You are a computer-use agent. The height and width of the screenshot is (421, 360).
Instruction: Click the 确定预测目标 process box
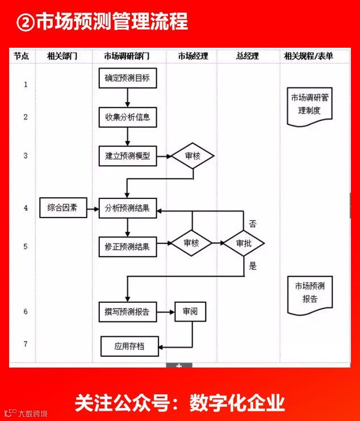pos(127,78)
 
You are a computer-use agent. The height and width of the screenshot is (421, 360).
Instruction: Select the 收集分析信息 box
pos(127,118)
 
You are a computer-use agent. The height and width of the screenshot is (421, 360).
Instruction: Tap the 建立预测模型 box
pos(127,156)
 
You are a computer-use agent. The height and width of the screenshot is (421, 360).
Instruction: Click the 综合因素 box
pos(62,208)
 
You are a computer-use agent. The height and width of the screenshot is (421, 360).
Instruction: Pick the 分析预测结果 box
pos(127,208)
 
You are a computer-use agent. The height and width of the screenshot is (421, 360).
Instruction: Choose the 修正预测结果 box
pos(127,246)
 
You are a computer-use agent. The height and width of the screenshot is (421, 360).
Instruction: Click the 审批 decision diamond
pos(243,244)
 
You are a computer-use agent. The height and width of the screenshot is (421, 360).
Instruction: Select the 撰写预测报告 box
pos(127,312)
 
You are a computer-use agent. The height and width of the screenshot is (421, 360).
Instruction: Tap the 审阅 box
pos(190,312)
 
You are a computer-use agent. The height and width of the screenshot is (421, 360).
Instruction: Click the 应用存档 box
pos(129,345)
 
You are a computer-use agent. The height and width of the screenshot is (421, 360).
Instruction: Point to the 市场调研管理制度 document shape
pos(309,106)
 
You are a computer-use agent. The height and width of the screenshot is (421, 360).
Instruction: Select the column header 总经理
pos(248,56)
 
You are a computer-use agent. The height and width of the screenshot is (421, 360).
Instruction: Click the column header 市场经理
pos(193,56)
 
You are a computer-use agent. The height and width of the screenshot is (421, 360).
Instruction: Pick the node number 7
pos(26,344)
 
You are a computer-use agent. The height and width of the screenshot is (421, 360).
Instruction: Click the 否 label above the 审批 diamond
pos(253,224)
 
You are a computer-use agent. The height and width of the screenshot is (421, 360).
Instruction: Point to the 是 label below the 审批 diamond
pos(253,265)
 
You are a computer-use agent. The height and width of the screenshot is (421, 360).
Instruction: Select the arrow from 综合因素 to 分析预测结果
pos(92,208)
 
